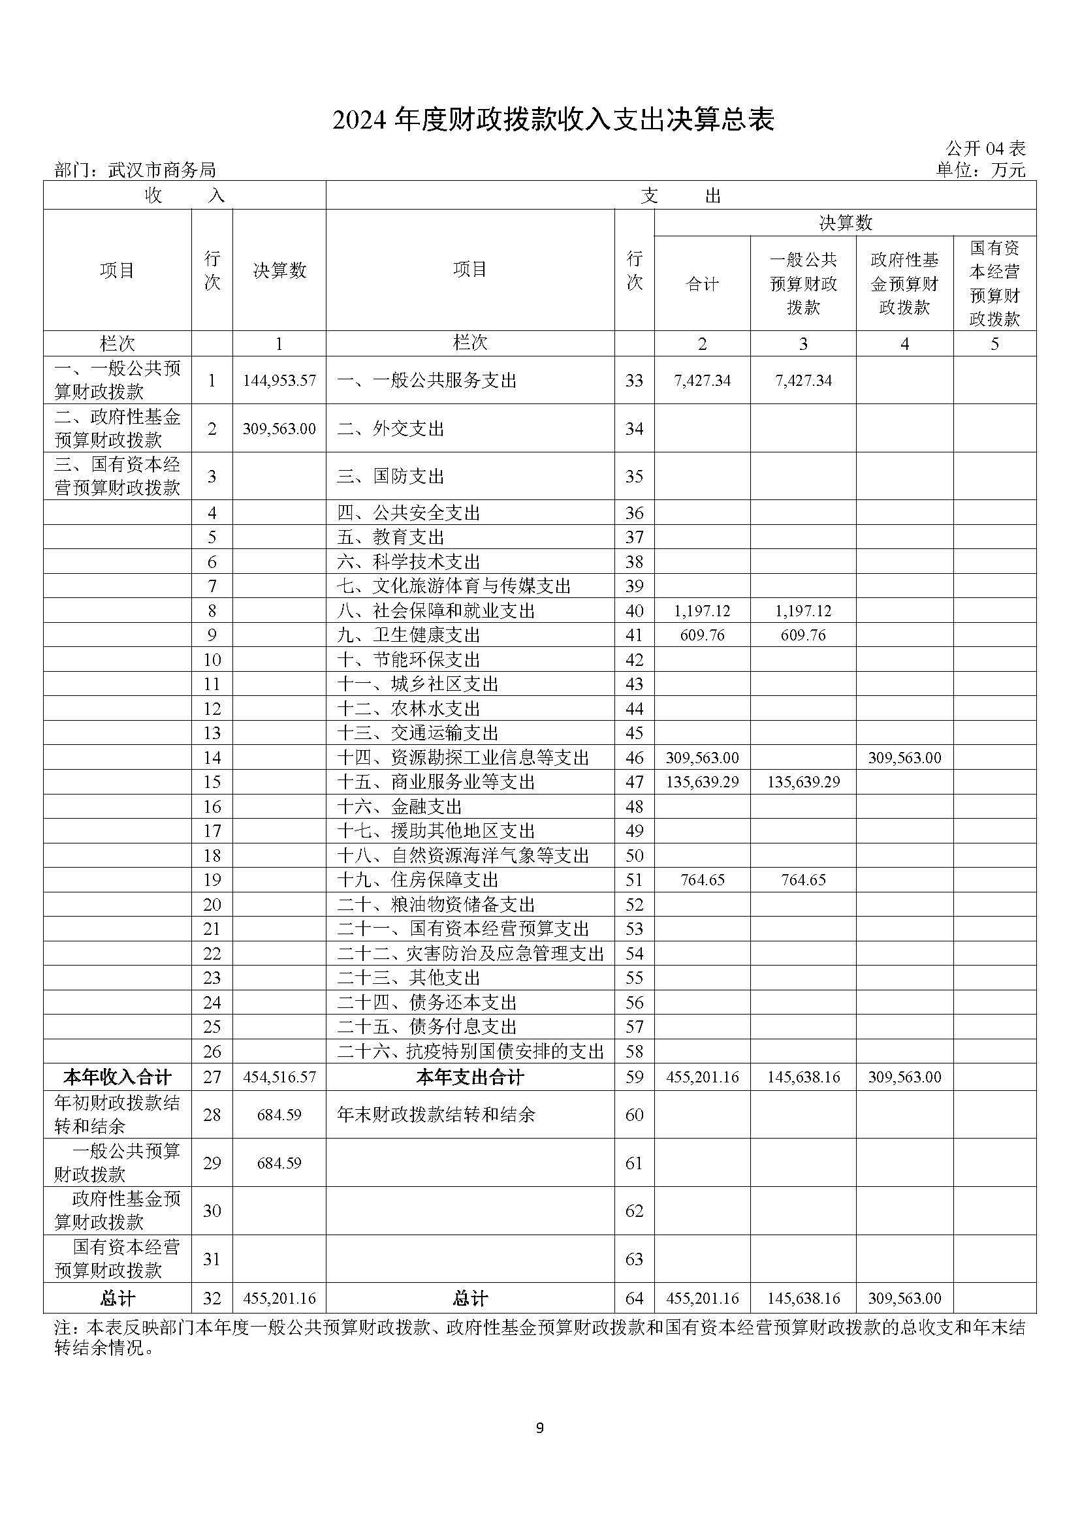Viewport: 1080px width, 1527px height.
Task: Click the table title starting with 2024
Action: pyautogui.click(x=552, y=120)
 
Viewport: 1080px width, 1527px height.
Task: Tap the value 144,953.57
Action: pyautogui.click(x=279, y=381)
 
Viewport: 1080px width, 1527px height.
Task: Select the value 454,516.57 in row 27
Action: pyautogui.click(x=279, y=1077)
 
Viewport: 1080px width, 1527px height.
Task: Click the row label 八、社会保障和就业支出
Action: pyautogui.click(x=436, y=610)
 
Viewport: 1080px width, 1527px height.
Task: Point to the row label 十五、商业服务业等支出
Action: pyautogui.click(x=436, y=781)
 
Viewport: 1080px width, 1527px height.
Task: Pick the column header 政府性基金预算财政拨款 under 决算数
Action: pyautogui.click(x=904, y=284)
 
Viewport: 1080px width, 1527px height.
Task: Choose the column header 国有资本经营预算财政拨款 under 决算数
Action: pyautogui.click(x=994, y=283)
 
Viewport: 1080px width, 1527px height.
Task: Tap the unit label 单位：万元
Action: pyautogui.click(x=981, y=170)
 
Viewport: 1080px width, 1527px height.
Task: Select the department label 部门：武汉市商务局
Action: pyautogui.click(x=135, y=170)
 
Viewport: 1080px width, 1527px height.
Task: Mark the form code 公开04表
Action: pyautogui.click(x=985, y=148)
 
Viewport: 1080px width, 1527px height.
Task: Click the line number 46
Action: pyautogui.click(x=635, y=757)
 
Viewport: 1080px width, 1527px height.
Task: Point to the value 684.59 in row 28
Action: pyautogui.click(x=279, y=1114)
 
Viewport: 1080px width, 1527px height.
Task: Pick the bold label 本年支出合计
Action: pyautogui.click(x=469, y=1077)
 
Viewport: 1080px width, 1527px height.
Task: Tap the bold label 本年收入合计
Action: pyautogui.click(x=118, y=1077)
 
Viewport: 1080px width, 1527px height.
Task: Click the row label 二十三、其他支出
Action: pyautogui.click(x=408, y=978)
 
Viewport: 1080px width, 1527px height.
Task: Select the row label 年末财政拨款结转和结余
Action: pyautogui.click(x=436, y=1114)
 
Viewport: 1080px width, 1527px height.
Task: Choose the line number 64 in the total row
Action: pyautogui.click(x=635, y=1299)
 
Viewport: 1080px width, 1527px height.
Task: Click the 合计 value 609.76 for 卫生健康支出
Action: pyautogui.click(x=703, y=635)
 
